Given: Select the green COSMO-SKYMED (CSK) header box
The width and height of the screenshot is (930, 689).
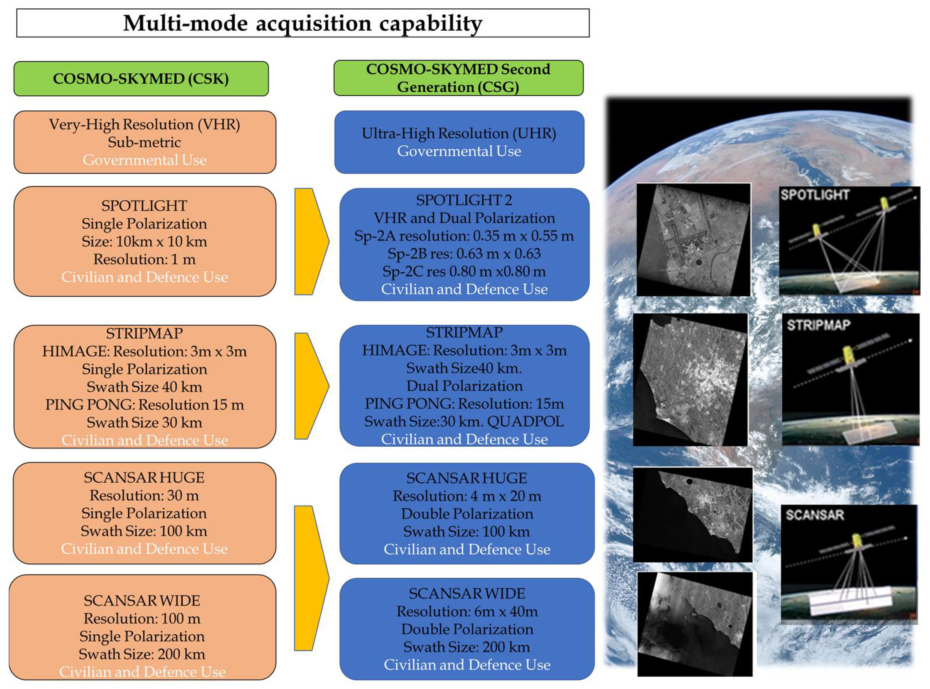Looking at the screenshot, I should tap(141, 79).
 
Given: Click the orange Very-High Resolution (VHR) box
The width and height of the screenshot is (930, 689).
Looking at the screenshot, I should tap(145, 142).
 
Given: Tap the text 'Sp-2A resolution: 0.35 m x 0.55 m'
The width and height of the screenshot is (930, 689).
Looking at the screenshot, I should tap(464, 236).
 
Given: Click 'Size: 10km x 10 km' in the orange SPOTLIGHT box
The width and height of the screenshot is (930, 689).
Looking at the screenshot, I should tap(144, 242).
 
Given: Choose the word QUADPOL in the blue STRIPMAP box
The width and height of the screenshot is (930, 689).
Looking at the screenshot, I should tap(525, 422).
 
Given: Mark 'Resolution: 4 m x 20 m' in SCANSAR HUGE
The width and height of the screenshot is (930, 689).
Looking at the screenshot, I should tap(467, 496).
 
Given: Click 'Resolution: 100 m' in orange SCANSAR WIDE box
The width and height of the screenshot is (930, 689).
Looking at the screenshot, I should tap(142, 618).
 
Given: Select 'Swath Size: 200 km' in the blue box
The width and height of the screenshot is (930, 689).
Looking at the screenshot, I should tap(467, 647).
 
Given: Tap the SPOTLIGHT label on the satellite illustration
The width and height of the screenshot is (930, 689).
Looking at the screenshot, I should tap(814, 195).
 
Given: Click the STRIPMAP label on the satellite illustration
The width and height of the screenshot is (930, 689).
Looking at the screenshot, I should tap(818, 325).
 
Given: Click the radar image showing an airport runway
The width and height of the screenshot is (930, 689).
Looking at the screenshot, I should tap(693, 240).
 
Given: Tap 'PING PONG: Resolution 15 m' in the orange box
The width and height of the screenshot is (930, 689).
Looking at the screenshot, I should tap(144, 405).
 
